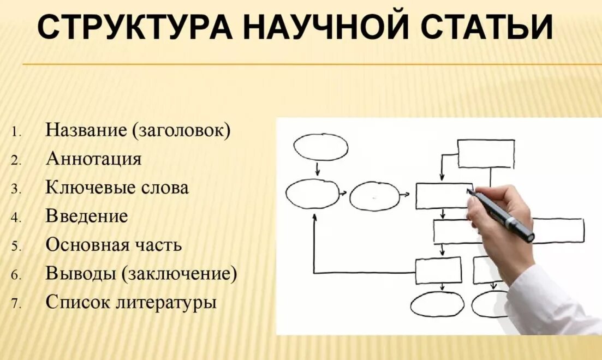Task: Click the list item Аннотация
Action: [x=93, y=159]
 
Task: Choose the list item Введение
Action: [x=87, y=216]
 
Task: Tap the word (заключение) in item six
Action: [x=180, y=273]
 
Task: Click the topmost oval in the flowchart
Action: [x=320, y=148]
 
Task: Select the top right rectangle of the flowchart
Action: [x=485, y=154]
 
